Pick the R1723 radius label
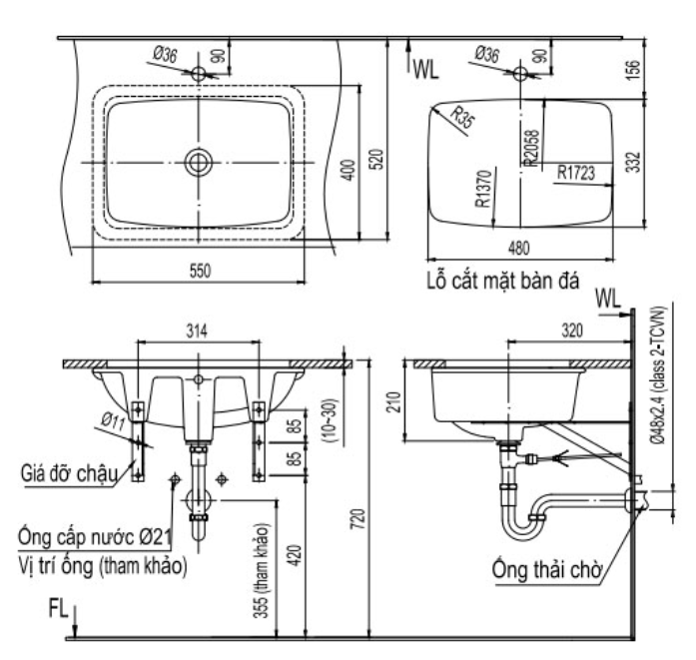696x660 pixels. click(x=577, y=173)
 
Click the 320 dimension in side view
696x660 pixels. click(x=570, y=330)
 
